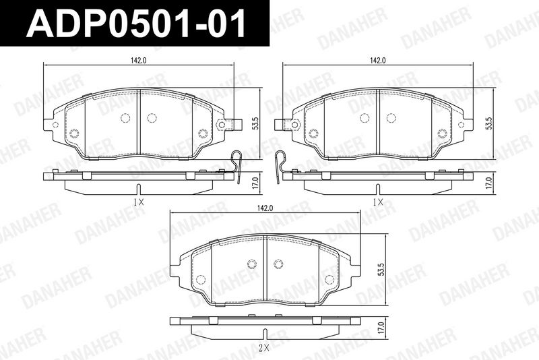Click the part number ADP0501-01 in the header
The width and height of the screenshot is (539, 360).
tap(136, 23)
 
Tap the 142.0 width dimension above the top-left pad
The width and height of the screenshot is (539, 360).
tap(139, 61)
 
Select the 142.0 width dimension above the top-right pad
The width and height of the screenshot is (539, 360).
tap(378, 61)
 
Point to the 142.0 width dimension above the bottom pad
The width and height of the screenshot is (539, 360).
tap(265, 208)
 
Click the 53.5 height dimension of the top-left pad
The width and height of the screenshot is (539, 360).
tap(255, 123)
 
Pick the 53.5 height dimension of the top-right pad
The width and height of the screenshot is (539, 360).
tap(490, 123)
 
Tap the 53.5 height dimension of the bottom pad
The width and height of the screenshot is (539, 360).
tap(380, 270)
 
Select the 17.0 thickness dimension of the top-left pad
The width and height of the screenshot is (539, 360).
tap(255, 183)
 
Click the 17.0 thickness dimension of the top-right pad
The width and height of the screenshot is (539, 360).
tap(490, 183)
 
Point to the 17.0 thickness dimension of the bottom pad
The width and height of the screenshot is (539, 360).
tap(380, 328)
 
